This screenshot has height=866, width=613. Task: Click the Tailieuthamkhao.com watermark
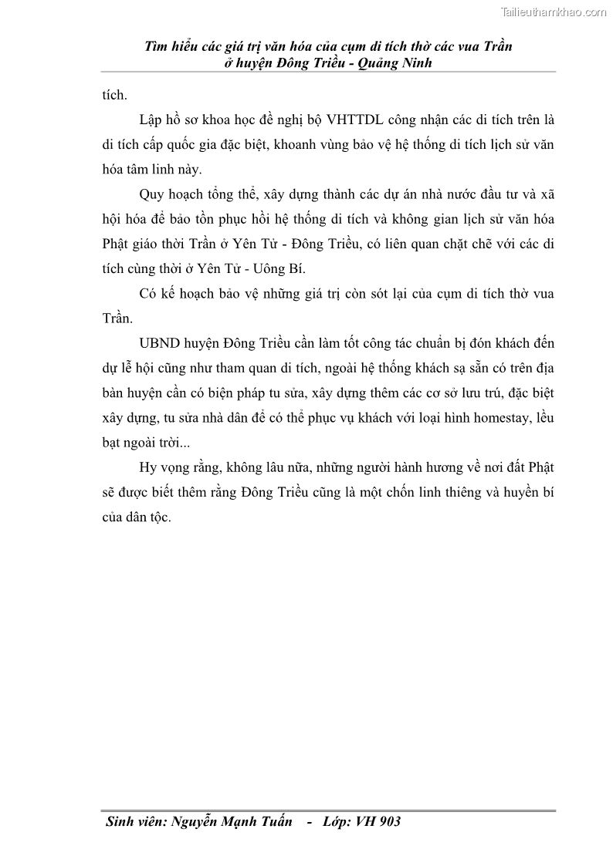pyautogui.click(x=554, y=12)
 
